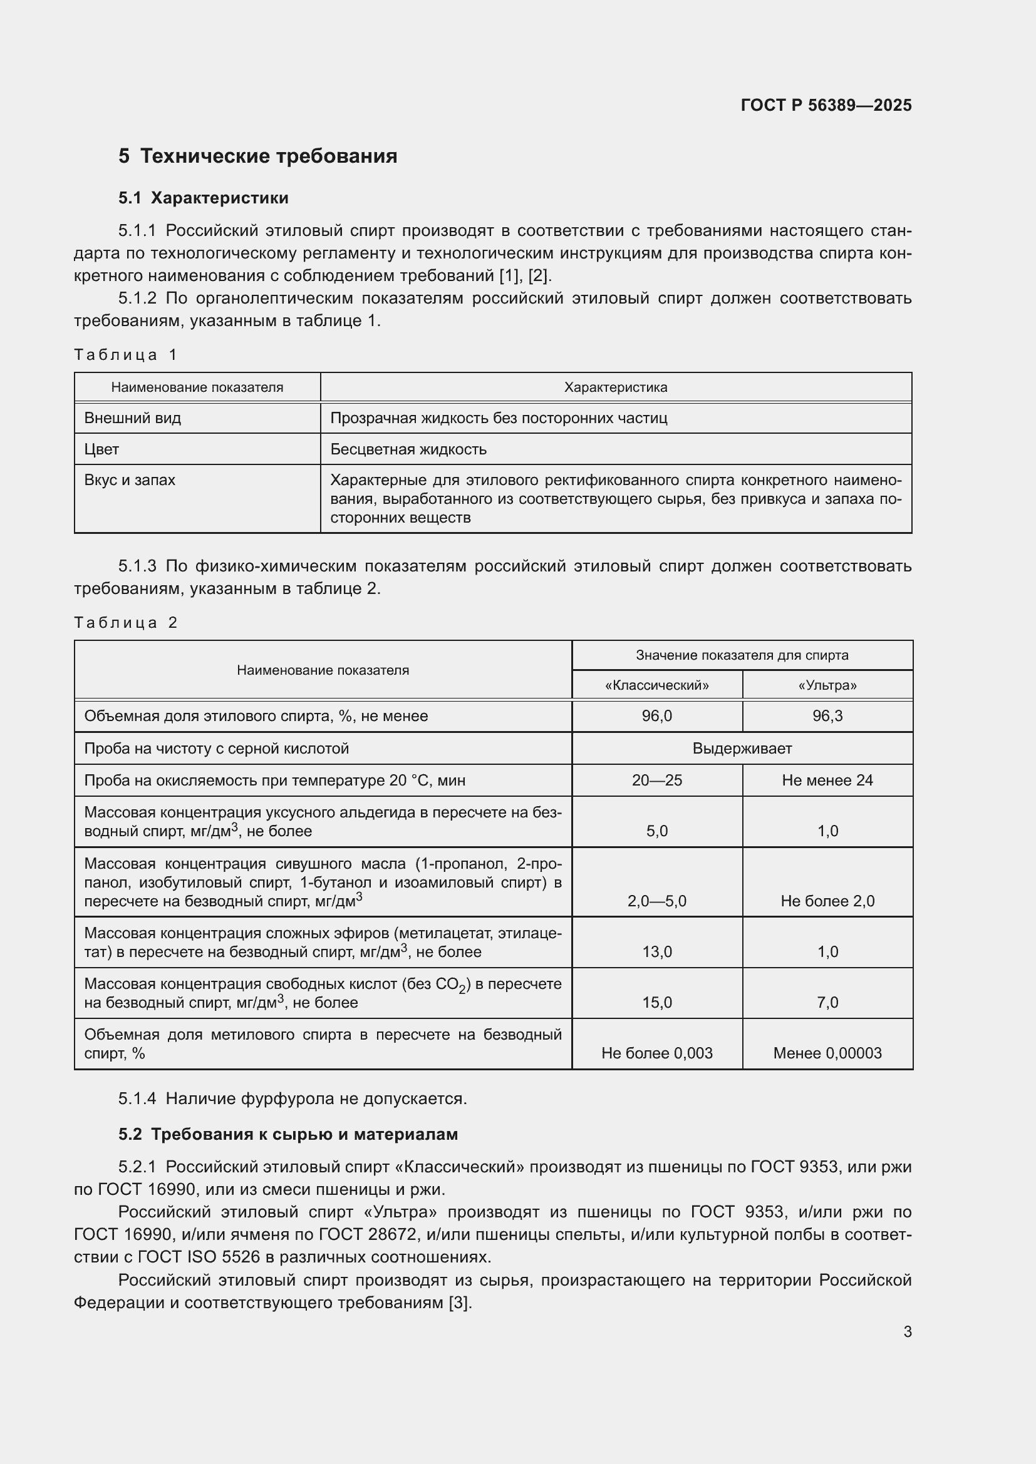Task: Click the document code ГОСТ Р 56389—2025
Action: pos(826,105)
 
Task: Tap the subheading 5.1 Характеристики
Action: pos(203,198)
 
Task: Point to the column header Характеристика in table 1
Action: pos(615,387)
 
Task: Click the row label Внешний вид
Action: pos(132,418)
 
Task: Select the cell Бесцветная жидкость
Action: pos(408,449)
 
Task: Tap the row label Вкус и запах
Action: pos(130,480)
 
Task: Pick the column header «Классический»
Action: pos(656,685)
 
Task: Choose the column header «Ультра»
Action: pos(827,685)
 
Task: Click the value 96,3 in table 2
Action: pos(827,716)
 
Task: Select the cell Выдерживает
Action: pos(742,749)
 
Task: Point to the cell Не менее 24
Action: pos(827,781)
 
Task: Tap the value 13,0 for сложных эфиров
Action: pos(656,952)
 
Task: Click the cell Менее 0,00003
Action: pos(827,1053)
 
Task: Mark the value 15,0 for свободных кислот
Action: pos(656,1003)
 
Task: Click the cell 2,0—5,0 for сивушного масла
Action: pos(656,901)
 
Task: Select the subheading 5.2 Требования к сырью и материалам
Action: pos(287,1134)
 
